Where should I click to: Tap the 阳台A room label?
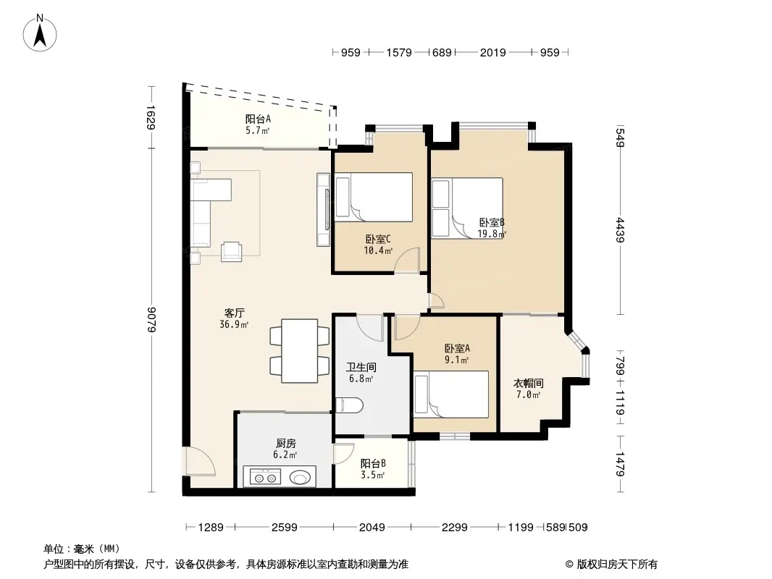pyautogui.click(x=258, y=119)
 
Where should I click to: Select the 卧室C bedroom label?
pyautogui.click(x=378, y=240)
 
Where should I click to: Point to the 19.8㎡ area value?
pyautogui.click(x=492, y=234)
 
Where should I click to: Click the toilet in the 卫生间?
pyautogui.click(x=349, y=405)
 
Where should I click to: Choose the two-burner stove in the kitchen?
pyautogui.click(x=265, y=477)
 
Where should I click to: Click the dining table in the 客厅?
pyautogui.click(x=299, y=351)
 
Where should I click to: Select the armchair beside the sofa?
pyautogui.click(x=232, y=251)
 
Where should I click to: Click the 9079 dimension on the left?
pyautogui.click(x=151, y=320)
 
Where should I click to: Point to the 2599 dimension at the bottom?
pyautogui.click(x=285, y=528)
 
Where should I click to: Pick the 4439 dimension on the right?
pyautogui.click(x=621, y=229)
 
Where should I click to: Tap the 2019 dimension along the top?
pyautogui.click(x=493, y=53)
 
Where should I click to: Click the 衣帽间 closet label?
pyautogui.click(x=528, y=383)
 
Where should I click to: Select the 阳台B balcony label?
pyautogui.click(x=373, y=463)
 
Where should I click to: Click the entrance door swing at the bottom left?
pyautogui.click(x=199, y=461)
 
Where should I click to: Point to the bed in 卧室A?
pyautogui.click(x=451, y=394)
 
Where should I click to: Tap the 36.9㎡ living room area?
pyautogui.click(x=234, y=325)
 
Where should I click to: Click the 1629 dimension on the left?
pyautogui.click(x=151, y=117)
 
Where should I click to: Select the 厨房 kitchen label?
pyautogui.click(x=285, y=444)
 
